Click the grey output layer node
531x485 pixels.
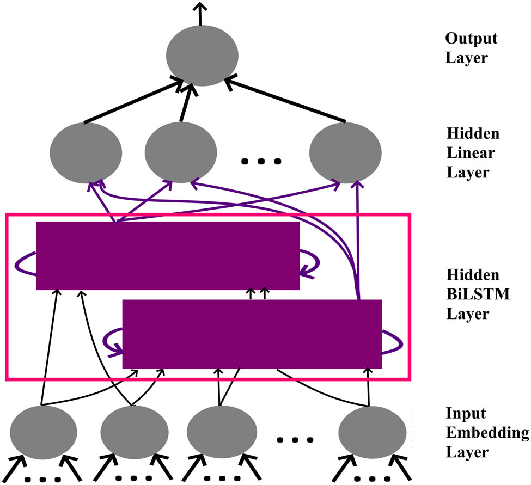coord(202,57)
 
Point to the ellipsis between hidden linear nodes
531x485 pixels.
coord(261,161)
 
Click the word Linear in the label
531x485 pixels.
coord(471,153)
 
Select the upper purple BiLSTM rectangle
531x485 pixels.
coord(168,255)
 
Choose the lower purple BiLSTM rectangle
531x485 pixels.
coord(252,334)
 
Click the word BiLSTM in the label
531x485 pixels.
coord(478,294)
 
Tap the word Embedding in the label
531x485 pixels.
coord(487,433)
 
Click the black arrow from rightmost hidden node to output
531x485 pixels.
coord(286,100)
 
